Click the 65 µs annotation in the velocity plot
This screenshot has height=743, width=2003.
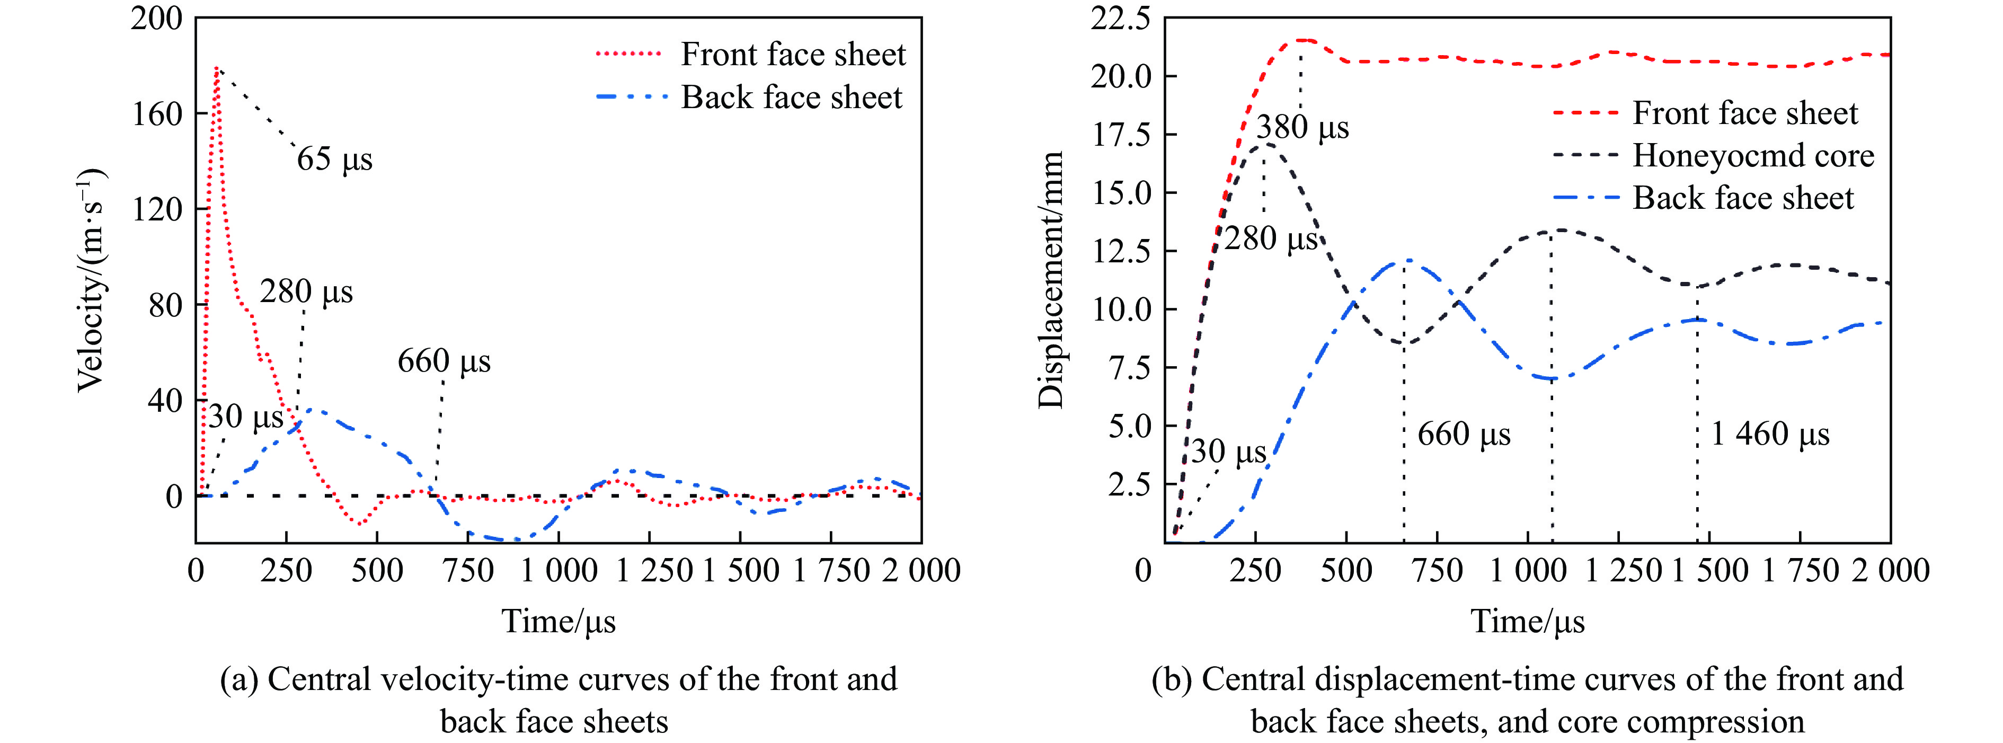pos(334,160)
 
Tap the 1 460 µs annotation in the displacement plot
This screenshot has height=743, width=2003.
pos(1770,434)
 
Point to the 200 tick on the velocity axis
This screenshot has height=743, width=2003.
pos(155,19)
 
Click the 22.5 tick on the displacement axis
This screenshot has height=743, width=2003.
pos(1120,19)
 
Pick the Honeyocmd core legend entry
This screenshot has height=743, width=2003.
pos(1753,156)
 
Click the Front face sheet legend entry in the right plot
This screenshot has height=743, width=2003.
pos(1744,113)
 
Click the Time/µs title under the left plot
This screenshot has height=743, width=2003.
pos(559,622)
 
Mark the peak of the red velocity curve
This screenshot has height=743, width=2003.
pos(217,68)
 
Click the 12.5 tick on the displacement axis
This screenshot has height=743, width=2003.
pos(1120,251)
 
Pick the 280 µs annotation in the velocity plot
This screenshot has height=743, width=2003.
pos(306,293)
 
